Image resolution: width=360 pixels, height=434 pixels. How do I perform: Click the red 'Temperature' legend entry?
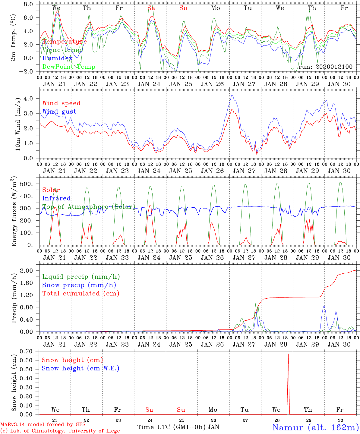(x=64, y=42)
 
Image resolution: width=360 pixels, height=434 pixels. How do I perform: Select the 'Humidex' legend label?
(x=57, y=58)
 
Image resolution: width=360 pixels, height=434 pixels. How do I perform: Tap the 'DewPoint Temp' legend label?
(x=69, y=67)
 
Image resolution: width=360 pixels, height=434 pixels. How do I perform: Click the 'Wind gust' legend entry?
(x=59, y=112)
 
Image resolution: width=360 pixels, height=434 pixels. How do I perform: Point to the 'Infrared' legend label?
(x=56, y=198)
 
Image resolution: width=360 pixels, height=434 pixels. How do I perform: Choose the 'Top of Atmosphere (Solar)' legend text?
(x=88, y=207)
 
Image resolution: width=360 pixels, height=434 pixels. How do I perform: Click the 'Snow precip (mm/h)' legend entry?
(x=79, y=285)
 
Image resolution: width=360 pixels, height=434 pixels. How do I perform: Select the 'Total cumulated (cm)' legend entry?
(x=81, y=293)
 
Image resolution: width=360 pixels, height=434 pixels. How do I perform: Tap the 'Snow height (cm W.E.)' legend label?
(x=81, y=368)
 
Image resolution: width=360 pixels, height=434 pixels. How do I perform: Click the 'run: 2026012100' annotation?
(x=325, y=67)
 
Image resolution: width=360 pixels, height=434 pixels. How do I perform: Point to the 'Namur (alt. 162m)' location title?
(x=315, y=427)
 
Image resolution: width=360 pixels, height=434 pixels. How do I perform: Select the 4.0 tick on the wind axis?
(x=32, y=99)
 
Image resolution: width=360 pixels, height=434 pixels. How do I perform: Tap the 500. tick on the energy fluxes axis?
(x=30, y=184)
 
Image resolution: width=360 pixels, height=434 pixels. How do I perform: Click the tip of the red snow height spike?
(x=288, y=354)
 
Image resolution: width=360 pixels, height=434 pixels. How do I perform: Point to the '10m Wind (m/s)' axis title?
(x=17, y=124)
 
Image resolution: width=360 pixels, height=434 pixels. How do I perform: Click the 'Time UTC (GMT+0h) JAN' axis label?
(x=178, y=427)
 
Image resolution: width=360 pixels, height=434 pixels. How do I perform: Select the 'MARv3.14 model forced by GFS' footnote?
(x=43, y=425)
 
